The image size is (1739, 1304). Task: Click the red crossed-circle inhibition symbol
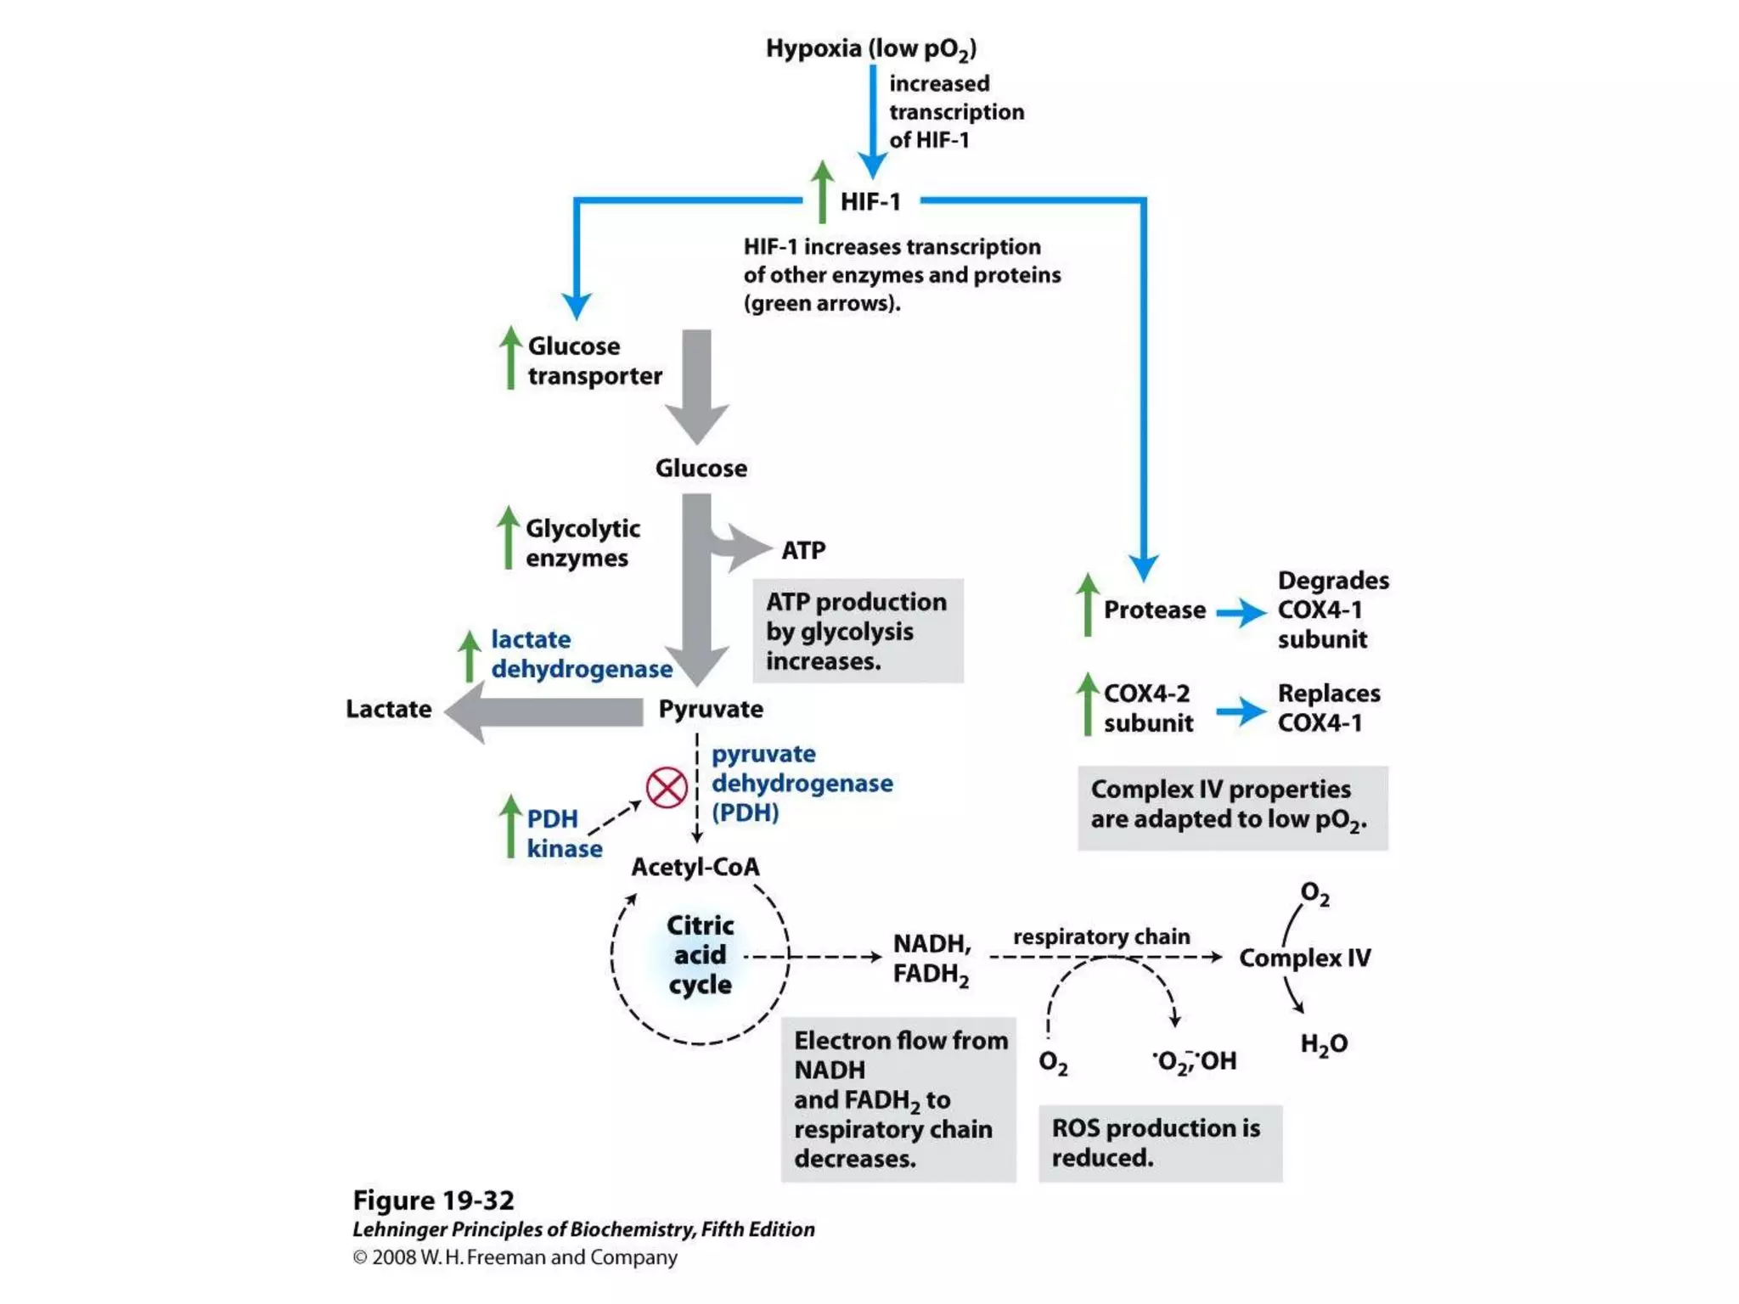[667, 788]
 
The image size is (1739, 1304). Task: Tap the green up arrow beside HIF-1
[822, 192]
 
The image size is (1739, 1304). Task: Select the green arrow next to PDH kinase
[509, 826]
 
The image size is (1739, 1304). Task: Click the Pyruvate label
[711, 709]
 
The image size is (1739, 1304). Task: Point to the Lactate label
[388, 709]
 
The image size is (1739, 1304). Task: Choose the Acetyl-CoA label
[695, 867]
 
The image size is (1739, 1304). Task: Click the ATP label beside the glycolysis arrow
[803, 550]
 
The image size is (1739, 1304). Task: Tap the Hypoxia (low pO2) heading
[871, 49]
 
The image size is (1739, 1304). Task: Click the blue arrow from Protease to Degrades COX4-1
[1241, 611]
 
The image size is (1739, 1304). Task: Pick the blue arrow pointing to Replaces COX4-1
[1241, 711]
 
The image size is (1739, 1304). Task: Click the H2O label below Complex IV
[1324, 1043]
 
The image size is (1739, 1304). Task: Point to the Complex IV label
[1304, 958]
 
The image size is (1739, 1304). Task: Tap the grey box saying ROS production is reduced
[1160, 1143]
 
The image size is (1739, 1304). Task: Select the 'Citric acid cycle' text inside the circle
[700, 954]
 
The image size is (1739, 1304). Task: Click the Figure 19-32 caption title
[433, 1200]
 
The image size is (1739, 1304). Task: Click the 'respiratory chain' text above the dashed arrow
[1101, 936]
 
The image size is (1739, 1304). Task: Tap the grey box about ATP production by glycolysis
[858, 631]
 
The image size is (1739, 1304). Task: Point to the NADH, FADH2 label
[931, 958]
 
